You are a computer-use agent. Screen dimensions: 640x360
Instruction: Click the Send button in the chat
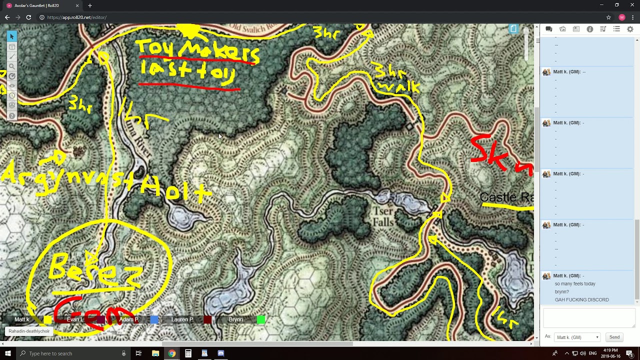click(614, 337)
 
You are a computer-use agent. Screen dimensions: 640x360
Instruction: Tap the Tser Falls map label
click(383, 216)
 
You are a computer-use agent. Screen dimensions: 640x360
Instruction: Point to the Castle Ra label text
click(506, 197)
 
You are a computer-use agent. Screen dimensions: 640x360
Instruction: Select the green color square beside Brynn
click(260, 319)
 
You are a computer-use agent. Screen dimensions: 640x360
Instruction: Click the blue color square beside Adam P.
click(154, 319)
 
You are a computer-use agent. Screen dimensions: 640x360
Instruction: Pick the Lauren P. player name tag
click(182, 319)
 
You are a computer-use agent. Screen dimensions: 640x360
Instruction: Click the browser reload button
click(28, 17)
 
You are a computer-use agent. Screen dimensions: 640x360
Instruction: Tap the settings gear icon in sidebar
click(630, 29)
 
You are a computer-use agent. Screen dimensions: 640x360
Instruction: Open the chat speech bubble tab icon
click(548, 29)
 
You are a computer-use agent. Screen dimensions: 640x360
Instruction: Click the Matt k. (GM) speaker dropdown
click(577, 337)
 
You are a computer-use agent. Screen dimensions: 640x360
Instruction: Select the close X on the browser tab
click(77, 5)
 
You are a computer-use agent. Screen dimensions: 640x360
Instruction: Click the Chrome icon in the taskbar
click(171, 353)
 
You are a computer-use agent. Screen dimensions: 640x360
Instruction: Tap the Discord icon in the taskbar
click(221, 353)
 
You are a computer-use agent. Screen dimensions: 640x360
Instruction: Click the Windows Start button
click(8, 353)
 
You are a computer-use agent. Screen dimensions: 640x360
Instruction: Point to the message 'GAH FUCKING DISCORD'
click(581, 300)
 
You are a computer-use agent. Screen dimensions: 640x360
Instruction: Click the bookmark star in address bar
click(608, 17)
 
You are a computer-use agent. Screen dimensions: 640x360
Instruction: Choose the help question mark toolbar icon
click(12, 116)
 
